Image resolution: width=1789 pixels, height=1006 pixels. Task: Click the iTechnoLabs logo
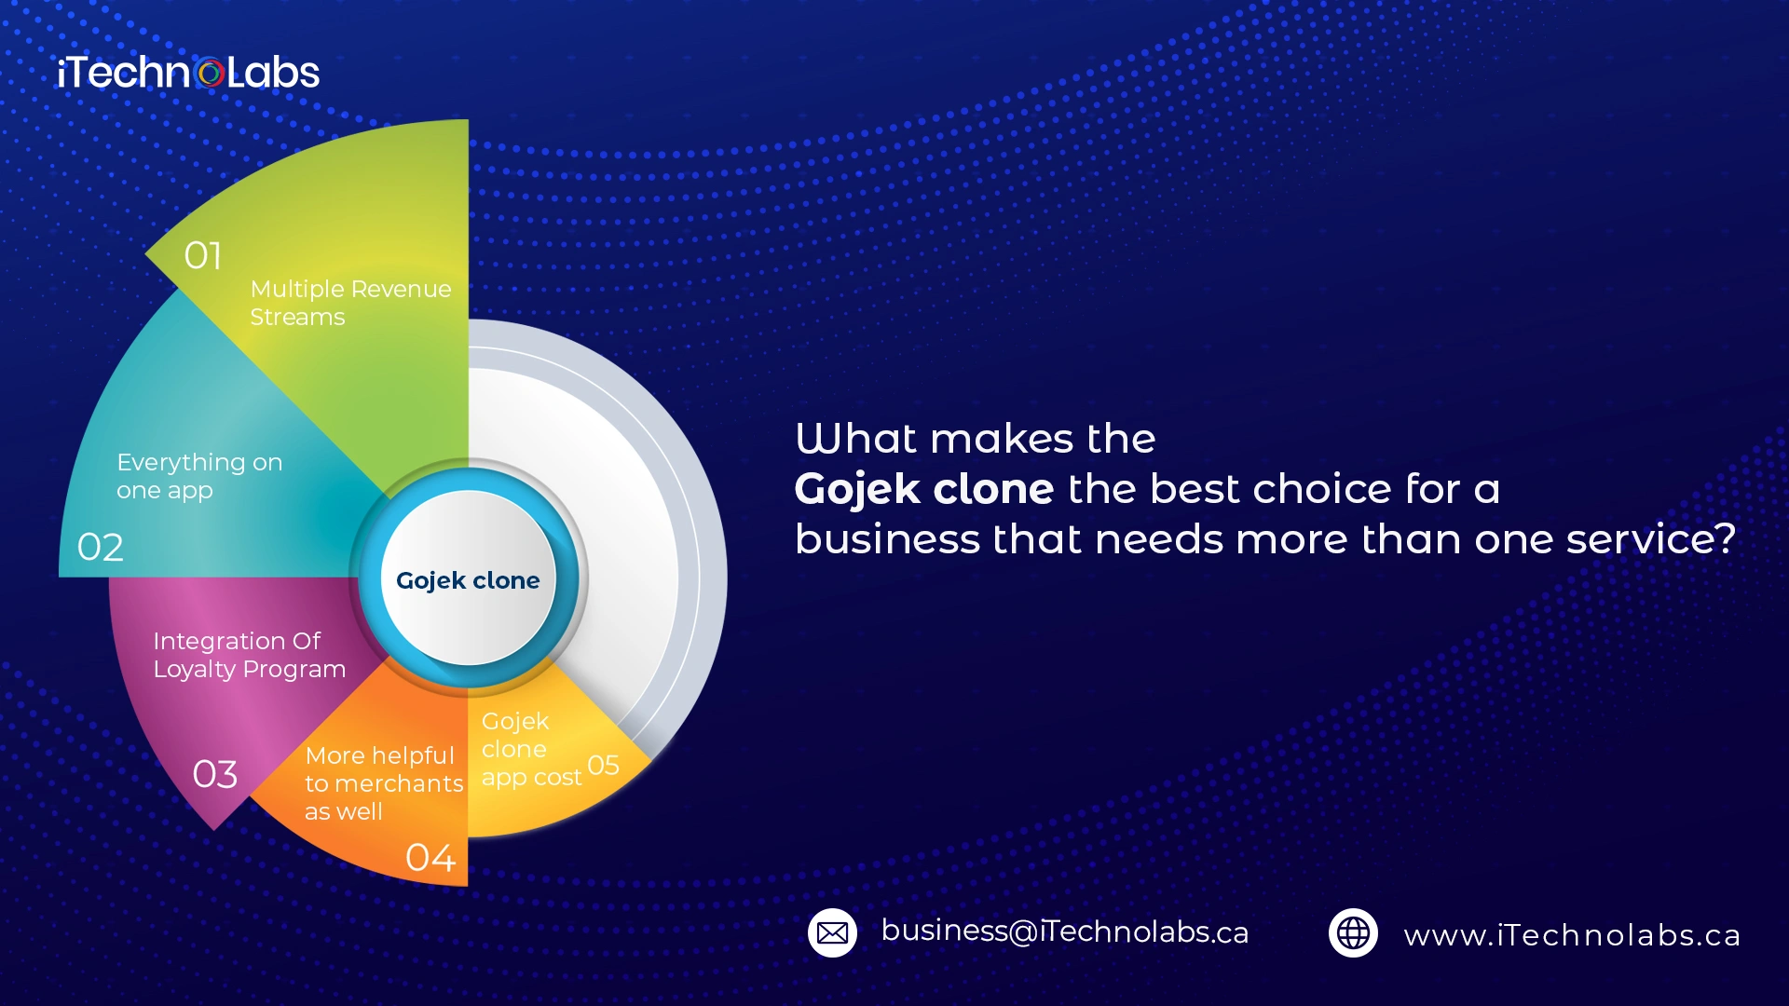(x=188, y=73)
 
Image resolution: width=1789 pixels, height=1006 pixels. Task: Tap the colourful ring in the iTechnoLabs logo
(x=211, y=74)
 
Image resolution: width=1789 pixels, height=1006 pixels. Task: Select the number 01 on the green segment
(x=203, y=255)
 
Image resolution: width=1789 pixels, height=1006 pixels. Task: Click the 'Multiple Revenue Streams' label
(x=350, y=303)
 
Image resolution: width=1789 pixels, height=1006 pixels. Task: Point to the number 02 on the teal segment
(x=101, y=547)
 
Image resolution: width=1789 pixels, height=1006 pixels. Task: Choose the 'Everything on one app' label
(x=199, y=476)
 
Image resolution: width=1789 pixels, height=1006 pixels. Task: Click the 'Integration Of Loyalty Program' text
(x=249, y=655)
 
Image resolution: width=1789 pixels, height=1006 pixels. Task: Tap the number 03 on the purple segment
(x=215, y=774)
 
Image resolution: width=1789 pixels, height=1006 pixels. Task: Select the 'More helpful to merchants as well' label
(x=384, y=782)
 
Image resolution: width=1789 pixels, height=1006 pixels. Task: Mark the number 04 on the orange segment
(x=430, y=857)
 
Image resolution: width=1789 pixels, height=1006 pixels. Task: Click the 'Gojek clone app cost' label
(x=531, y=749)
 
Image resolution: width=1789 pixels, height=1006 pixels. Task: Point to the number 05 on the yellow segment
(x=604, y=765)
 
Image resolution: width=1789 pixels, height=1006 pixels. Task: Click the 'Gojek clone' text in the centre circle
(x=468, y=580)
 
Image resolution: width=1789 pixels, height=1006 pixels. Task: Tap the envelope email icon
(x=832, y=932)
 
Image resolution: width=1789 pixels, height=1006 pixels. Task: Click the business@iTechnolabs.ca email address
(x=1065, y=931)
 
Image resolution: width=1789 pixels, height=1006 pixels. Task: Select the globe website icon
(x=1353, y=932)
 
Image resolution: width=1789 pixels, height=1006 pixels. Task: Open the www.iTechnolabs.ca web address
(x=1572, y=935)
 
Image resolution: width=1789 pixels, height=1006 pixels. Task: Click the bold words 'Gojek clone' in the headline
(x=924, y=489)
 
